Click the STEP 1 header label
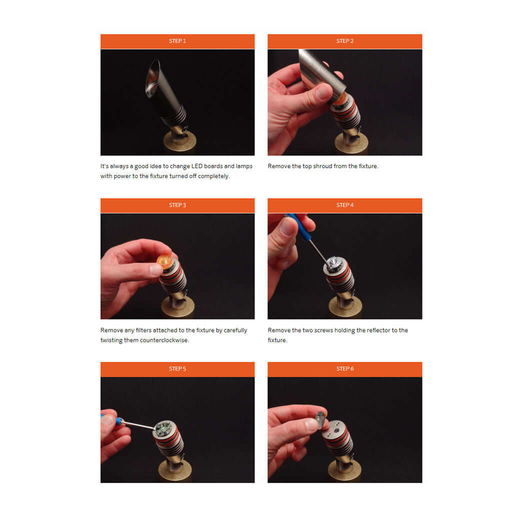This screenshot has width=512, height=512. pyautogui.click(x=177, y=41)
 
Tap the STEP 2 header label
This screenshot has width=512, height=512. pyautogui.click(x=345, y=41)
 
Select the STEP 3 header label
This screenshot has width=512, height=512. pyautogui.click(x=177, y=205)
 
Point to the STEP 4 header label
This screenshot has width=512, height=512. pyautogui.click(x=345, y=205)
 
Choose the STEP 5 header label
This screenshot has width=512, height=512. pyautogui.click(x=177, y=368)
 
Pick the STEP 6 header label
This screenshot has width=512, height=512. pyautogui.click(x=345, y=368)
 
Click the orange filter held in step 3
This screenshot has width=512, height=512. pyautogui.click(x=165, y=261)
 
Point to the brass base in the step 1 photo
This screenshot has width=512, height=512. pyautogui.click(x=179, y=141)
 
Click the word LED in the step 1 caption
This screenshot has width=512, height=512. pyautogui.click(x=197, y=166)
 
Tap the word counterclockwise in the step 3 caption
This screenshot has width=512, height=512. pyautogui.click(x=164, y=340)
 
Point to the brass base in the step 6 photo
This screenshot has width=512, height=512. pyautogui.click(x=344, y=469)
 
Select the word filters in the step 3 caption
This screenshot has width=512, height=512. pyautogui.click(x=143, y=330)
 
